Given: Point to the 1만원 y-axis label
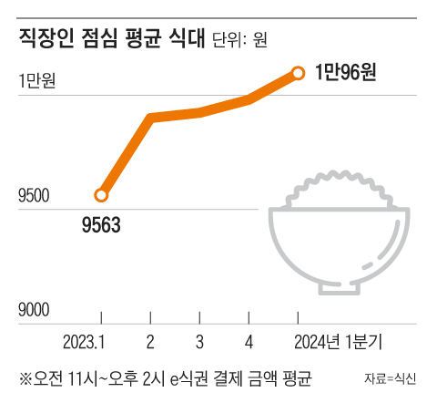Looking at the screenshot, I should point(36,81).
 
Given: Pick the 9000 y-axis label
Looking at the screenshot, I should point(36,311).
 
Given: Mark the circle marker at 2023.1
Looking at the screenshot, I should point(101,194).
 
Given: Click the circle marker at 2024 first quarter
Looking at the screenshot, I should point(298,72).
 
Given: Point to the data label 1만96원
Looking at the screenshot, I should point(345,73).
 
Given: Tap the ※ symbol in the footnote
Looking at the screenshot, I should point(25,376).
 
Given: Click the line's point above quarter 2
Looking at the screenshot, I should point(150,118).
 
